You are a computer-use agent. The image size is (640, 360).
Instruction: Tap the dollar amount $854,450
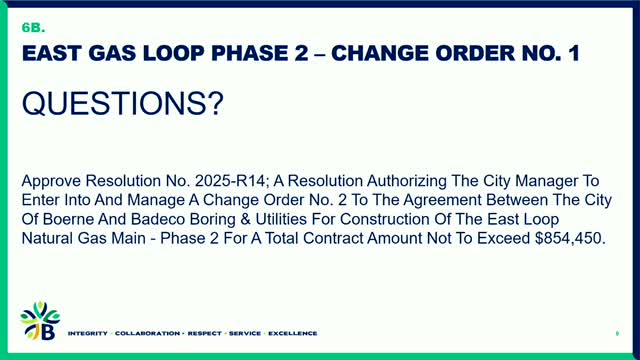pyautogui.click(x=565, y=240)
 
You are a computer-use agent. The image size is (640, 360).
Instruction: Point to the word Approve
pyautogui.click(x=52, y=182)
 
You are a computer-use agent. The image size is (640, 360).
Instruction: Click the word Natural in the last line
pyautogui.click(x=50, y=240)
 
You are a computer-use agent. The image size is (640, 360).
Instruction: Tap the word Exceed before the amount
pyautogui.click(x=498, y=240)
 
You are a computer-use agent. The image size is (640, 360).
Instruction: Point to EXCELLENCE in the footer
pyautogui.click(x=291, y=333)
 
